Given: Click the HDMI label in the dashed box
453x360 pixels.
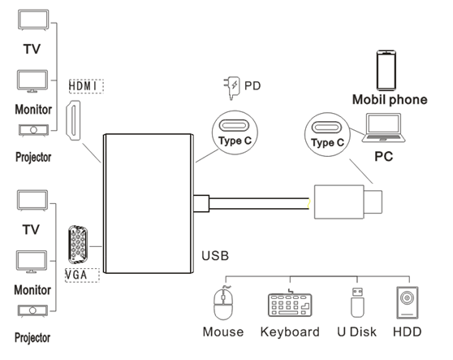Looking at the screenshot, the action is click(86, 86).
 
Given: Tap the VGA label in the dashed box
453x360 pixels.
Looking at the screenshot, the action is click(82, 275).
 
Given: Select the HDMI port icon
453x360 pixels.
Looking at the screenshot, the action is click(73, 120).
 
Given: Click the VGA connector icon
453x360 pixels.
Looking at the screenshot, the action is click(78, 245).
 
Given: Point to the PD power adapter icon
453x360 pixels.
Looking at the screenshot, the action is click(232, 88).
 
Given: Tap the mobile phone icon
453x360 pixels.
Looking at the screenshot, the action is click(386, 70).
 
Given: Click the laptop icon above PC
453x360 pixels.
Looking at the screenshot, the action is click(384, 128).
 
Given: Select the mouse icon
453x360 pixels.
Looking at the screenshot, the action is click(223, 303).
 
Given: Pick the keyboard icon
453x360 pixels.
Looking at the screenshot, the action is click(290, 303).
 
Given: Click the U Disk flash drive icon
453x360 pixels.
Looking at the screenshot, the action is click(357, 302).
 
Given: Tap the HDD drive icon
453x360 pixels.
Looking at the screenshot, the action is click(408, 303).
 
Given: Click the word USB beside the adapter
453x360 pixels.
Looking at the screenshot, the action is click(215, 256).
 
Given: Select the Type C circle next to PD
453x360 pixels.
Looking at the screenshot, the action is click(235, 132).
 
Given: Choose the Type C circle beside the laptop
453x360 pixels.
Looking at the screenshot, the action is click(327, 135).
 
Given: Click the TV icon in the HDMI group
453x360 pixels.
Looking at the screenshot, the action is click(33, 20).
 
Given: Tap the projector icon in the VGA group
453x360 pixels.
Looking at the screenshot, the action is click(32, 311).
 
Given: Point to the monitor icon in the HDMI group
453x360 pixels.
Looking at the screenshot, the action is click(32, 81).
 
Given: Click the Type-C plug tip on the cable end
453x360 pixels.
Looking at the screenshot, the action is click(373, 202).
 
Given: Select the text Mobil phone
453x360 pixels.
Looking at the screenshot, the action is click(390, 99).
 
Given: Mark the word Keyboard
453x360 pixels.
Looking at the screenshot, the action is click(290, 332).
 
